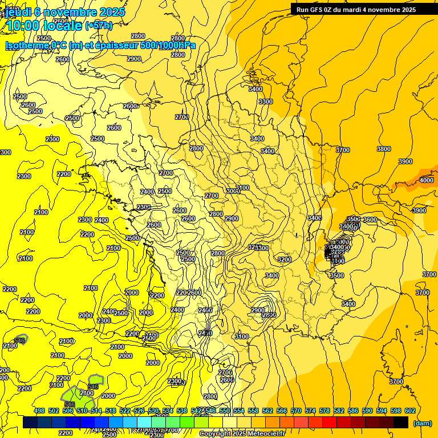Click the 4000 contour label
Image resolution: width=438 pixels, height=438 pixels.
pyautogui.click(x=426, y=180)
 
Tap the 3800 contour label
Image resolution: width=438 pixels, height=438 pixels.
pyautogui.click(x=384, y=149)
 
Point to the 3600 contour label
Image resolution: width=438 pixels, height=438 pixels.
pyautogui.click(x=370, y=220)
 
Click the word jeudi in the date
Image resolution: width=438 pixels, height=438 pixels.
pyautogui.click(x=18, y=11)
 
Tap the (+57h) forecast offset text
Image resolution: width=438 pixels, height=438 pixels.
pyautogui.click(x=99, y=25)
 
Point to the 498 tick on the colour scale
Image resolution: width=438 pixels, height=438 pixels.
pyautogui.click(x=39, y=411)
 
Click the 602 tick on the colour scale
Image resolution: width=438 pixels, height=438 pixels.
pyautogui.click(x=409, y=411)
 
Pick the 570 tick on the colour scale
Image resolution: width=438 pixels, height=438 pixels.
pyautogui.click(x=295, y=411)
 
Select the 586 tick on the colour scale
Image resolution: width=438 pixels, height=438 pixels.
pyautogui.click(x=352, y=411)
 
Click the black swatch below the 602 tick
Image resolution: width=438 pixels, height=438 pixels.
pyautogui.click(x=401, y=422)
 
